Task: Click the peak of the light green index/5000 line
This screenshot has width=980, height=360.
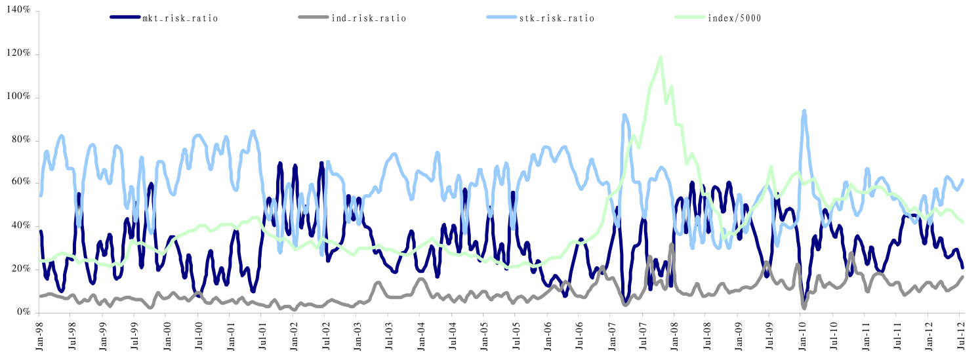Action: point(660,57)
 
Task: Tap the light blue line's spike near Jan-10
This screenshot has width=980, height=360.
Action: point(804,111)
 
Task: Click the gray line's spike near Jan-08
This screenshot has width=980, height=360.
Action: point(672,245)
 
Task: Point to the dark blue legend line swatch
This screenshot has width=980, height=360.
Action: point(125,18)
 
